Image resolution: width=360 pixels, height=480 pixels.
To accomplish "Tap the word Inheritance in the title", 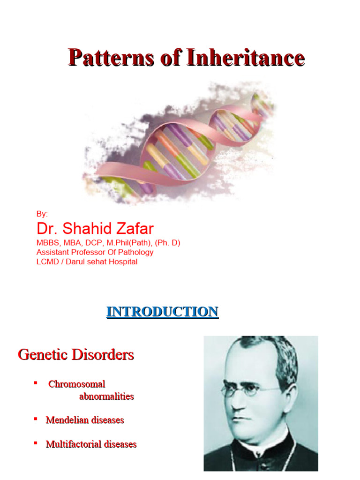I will (x=246, y=58).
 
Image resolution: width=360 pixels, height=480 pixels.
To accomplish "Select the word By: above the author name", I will (x=42, y=214).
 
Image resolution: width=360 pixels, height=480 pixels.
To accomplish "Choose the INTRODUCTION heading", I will (x=162, y=312).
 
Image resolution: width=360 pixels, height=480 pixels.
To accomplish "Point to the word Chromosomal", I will (x=77, y=384).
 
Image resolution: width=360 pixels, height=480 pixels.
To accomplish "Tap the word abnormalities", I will (x=106, y=397).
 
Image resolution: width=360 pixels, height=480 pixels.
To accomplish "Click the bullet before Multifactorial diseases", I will (x=36, y=442).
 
